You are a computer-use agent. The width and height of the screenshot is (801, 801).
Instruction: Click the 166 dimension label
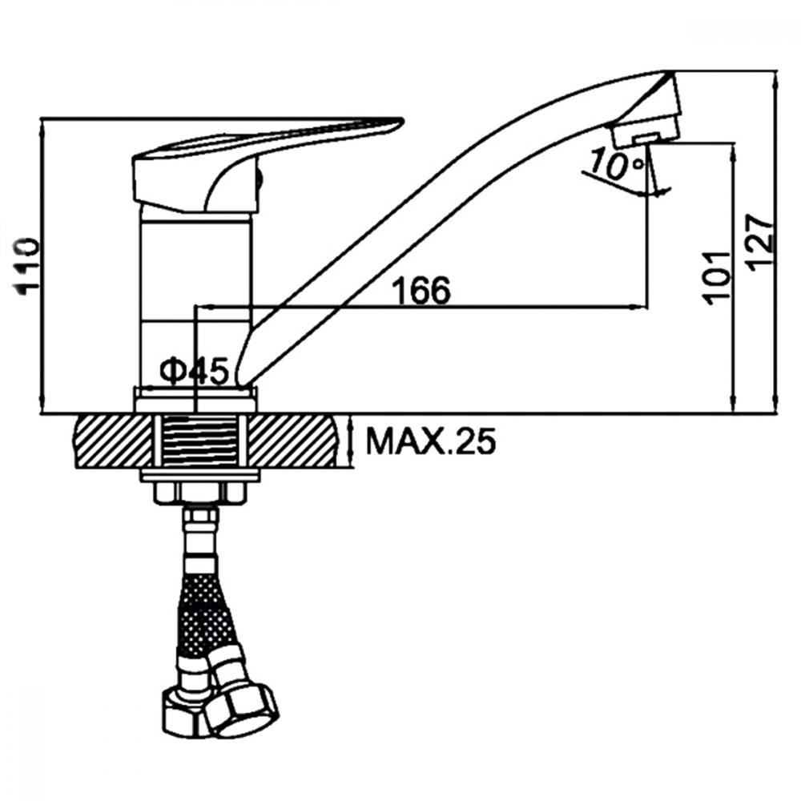point(421,290)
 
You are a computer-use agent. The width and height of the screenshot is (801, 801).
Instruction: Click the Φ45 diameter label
point(194,371)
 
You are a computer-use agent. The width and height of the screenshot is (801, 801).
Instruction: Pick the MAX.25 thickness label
point(431,441)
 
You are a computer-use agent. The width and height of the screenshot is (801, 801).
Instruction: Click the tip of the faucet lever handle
point(403,121)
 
